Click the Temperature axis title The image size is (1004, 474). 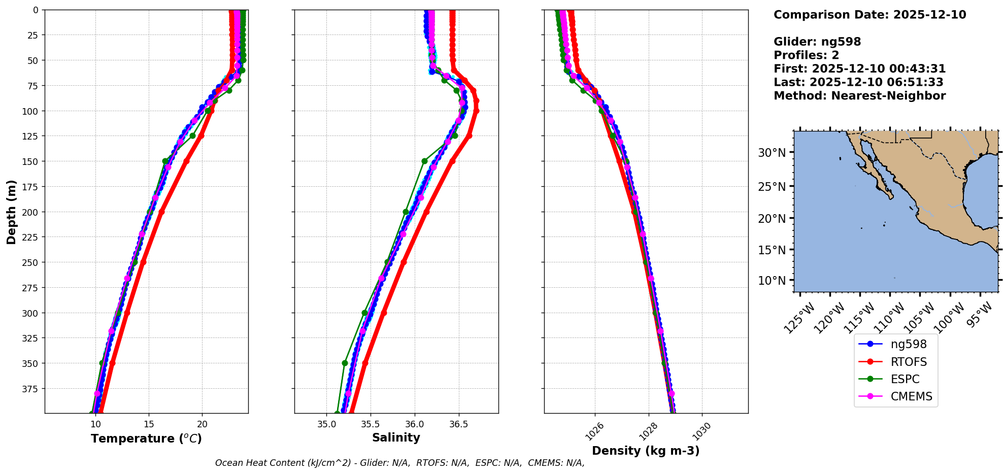pyautogui.click(x=146, y=438)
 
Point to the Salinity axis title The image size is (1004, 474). pyautogui.click(x=396, y=437)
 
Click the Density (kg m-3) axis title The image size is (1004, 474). pyautogui.click(x=646, y=451)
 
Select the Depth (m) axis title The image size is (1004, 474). pyautogui.click(x=11, y=212)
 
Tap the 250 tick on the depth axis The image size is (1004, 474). pyautogui.click(x=31, y=262)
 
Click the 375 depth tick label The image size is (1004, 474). pyautogui.click(x=31, y=389)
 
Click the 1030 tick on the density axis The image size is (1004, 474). pyautogui.click(x=701, y=431)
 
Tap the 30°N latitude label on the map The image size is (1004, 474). pyautogui.click(x=772, y=153)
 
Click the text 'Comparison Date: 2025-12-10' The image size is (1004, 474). pyautogui.click(x=869, y=15)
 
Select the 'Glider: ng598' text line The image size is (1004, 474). pyautogui.click(x=817, y=42)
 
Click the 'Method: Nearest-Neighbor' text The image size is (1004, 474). pyautogui.click(x=859, y=96)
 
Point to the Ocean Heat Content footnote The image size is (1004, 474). pyautogui.click(x=399, y=463)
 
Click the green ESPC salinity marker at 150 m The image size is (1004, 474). pyautogui.click(x=424, y=161)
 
